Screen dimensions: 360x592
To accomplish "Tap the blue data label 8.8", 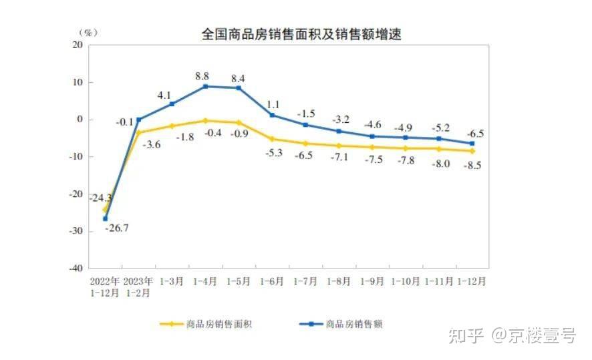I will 202,76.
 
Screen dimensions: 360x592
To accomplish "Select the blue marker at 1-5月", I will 239,88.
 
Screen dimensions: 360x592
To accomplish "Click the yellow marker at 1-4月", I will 205,121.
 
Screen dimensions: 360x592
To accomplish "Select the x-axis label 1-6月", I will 272,281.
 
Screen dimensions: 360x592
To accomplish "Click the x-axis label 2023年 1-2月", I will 138,287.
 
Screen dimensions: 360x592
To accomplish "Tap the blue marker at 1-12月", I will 472,143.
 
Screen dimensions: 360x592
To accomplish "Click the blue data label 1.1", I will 272,105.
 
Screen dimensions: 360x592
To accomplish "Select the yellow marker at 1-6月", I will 272,139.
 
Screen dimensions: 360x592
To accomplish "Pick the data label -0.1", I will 124,122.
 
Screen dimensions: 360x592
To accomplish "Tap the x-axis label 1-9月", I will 372,281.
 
